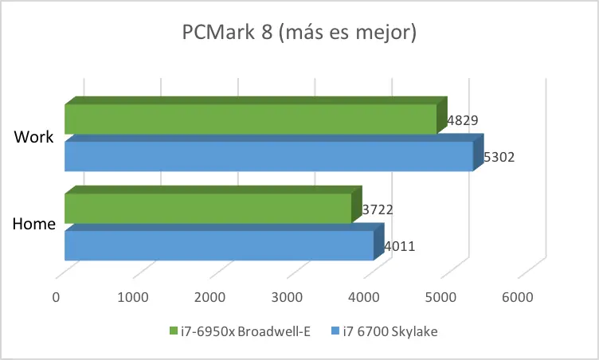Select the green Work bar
point(256,115)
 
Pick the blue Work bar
point(274,152)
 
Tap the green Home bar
point(213,205)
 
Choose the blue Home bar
point(225,241)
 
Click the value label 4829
point(463,120)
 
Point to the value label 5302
point(499,157)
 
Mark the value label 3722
point(378,209)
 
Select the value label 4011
point(400,246)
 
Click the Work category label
point(33,137)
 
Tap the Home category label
point(34,224)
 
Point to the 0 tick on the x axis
point(56,297)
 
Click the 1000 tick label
point(133,297)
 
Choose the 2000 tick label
point(209,297)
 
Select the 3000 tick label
point(287,297)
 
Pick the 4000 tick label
point(364,297)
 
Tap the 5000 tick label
point(440,297)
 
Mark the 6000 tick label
point(518,297)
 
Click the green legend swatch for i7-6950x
point(174,331)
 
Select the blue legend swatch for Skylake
point(335,331)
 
